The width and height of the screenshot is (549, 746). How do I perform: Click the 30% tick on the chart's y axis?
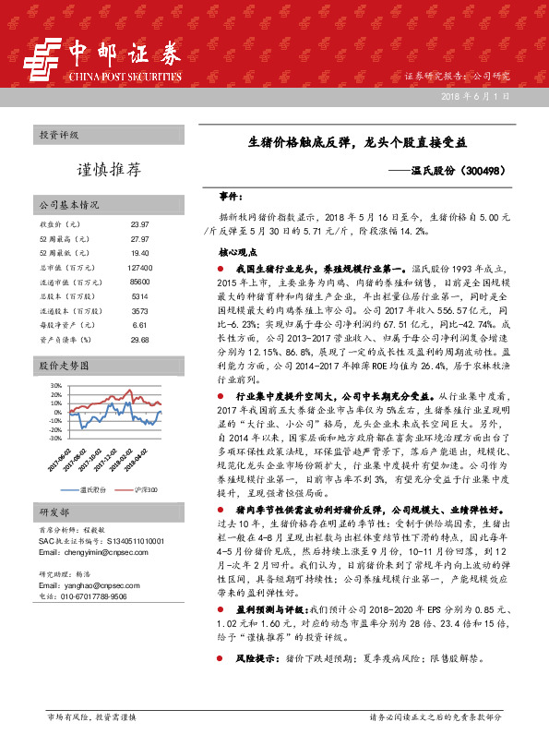(x=56, y=385)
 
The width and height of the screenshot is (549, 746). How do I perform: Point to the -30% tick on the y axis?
(x=55, y=439)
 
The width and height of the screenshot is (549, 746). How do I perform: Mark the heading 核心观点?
(x=238, y=251)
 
